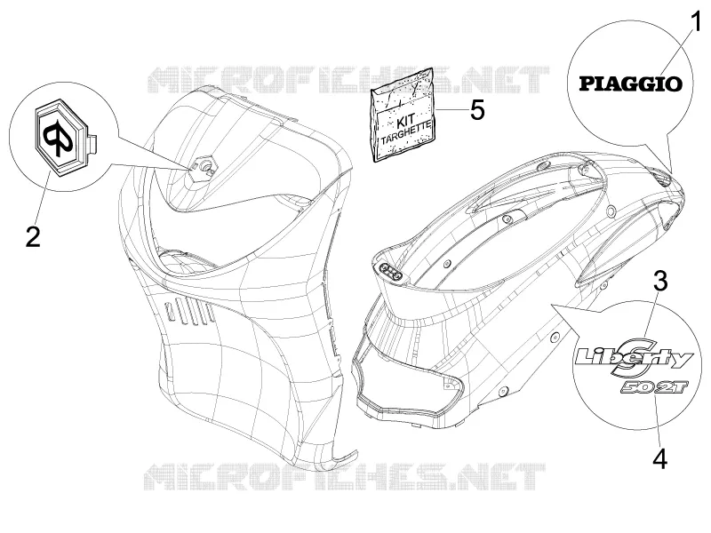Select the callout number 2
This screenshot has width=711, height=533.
pos(33,236)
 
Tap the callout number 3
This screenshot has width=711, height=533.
pos(660,281)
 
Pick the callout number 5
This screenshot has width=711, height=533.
pos(476,110)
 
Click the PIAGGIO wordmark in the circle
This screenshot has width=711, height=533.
pos(631,84)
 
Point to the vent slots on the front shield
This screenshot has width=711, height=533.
pos(189,312)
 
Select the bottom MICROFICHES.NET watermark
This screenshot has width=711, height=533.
pos(345,477)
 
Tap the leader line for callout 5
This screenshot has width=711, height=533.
pos(449,110)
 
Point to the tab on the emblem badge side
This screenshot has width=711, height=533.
pos(93,141)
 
